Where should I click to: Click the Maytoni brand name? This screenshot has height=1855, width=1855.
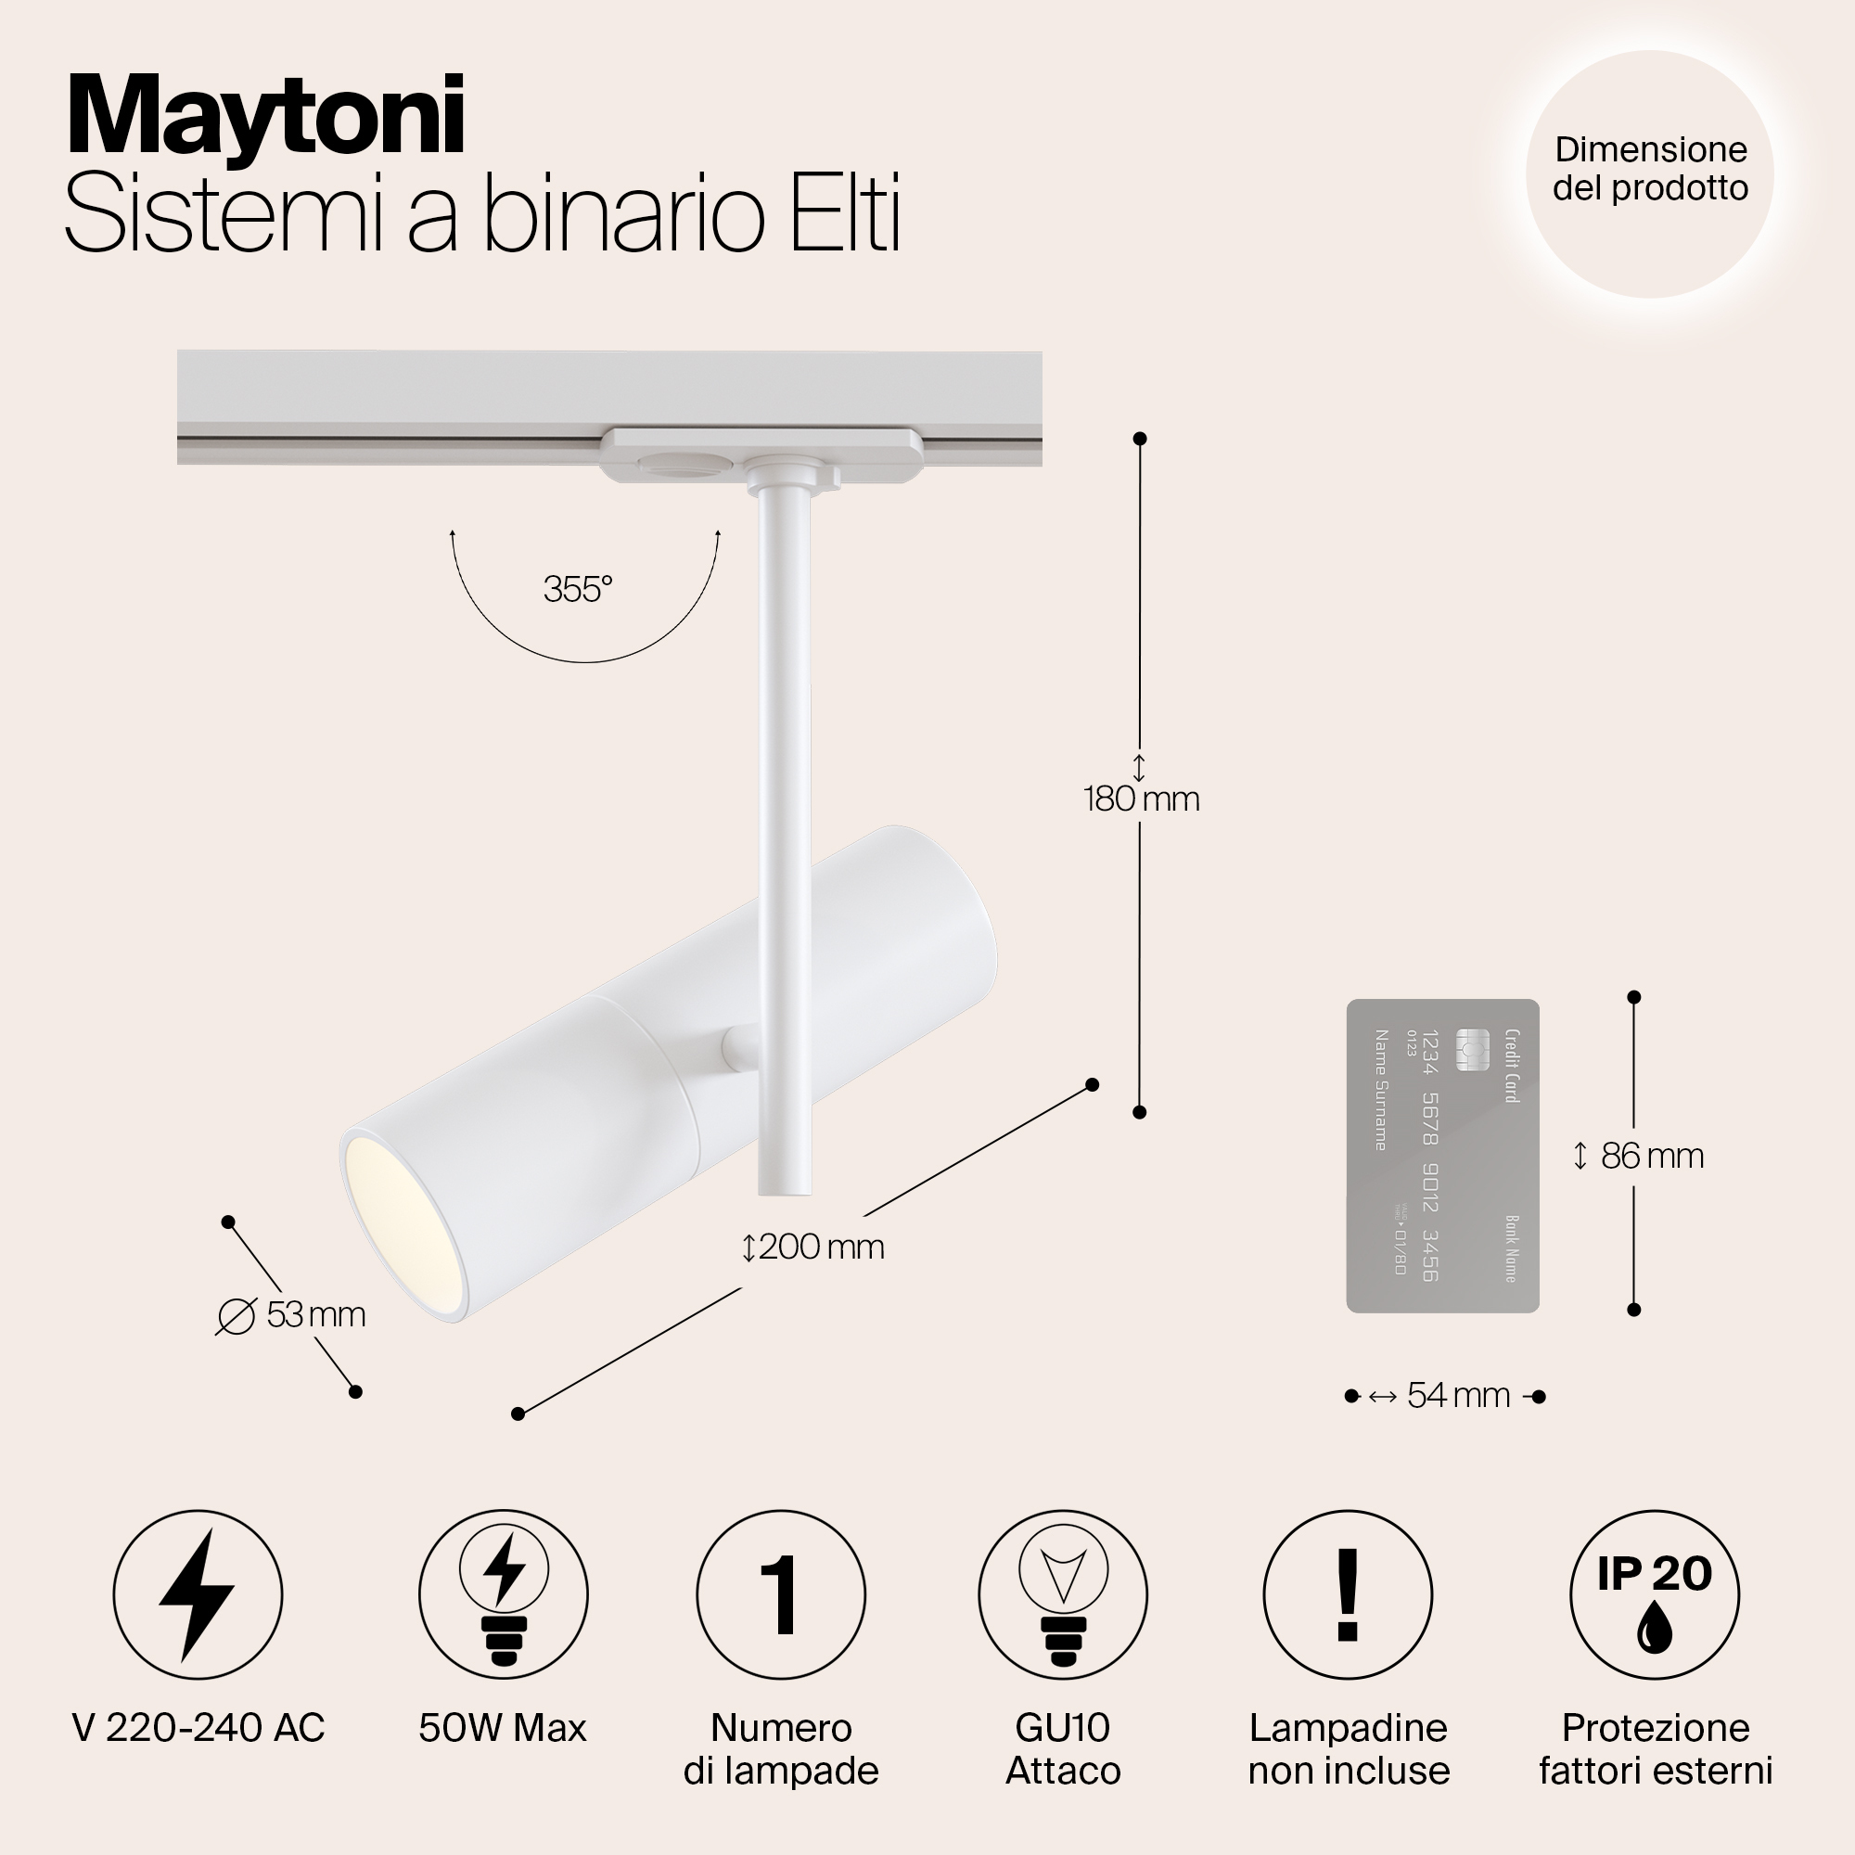point(266,118)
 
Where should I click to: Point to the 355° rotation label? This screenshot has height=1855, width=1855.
point(578,589)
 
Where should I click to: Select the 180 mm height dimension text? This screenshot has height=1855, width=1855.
point(1142,799)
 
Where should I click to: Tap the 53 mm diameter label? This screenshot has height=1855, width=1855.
point(292,1314)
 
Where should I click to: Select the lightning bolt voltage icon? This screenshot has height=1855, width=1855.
point(198,1595)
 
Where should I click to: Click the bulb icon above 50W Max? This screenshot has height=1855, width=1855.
point(503,1595)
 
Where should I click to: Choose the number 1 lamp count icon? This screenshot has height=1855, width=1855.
point(781,1595)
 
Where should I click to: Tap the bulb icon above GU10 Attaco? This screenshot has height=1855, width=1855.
point(1063,1595)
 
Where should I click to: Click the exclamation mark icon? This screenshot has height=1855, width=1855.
point(1348,1595)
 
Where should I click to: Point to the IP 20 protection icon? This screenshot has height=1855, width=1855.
point(1655,1595)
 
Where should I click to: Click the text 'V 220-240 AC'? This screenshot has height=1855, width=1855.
point(198,1728)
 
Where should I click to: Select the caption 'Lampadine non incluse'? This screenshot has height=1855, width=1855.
point(1348,1749)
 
